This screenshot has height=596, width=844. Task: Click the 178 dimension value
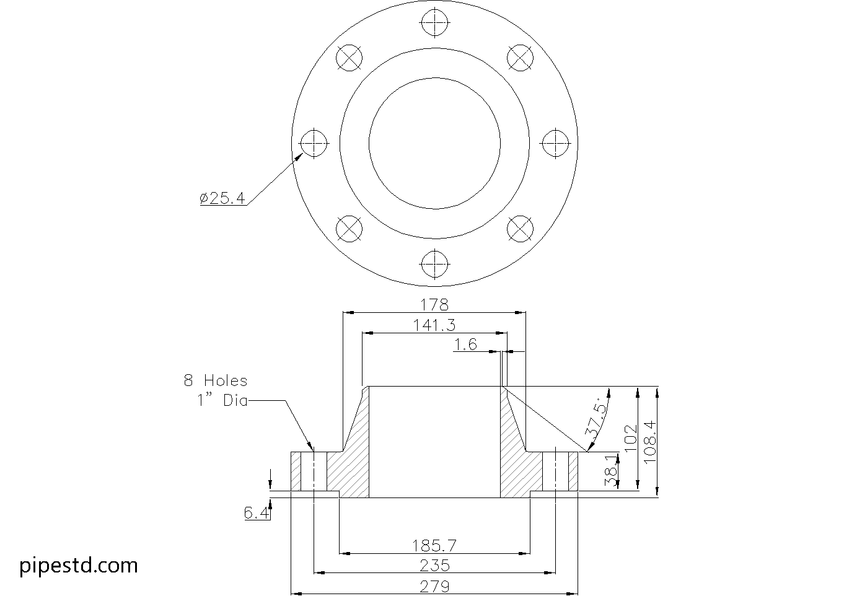pyautogui.click(x=434, y=305)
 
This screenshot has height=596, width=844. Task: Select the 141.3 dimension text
pyautogui.click(x=434, y=325)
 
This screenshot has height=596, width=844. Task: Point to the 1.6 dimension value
pyautogui.click(x=466, y=344)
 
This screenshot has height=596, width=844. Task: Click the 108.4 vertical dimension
pyautogui.click(x=651, y=443)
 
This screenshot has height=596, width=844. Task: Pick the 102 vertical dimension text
pyautogui.click(x=631, y=439)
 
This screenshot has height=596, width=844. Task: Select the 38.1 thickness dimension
pyautogui.click(x=612, y=470)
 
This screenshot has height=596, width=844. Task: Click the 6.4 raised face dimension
pyautogui.click(x=257, y=513)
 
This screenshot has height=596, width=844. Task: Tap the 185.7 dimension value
pyautogui.click(x=434, y=546)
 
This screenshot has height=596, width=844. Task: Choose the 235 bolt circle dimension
pyautogui.click(x=434, y=566)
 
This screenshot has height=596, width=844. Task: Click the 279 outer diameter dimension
pyautogui.click(x=434, y=586)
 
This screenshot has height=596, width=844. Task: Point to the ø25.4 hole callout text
pyautogui.click(x=222, y=198)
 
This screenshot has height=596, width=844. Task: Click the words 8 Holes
pyautogui.click(x=216, y=380)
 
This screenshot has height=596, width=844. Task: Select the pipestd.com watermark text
pyautogui.click(x=79, y=566)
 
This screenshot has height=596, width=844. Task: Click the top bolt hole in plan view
pyautogui.click(x=435, y=22)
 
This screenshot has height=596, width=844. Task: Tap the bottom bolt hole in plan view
pyautogui.click(x=435, y=264)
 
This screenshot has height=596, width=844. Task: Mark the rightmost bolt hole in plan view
pyautogui.click(x=555, y=143)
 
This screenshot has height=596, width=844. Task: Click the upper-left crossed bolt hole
pyautogui.click(x=349, y=58)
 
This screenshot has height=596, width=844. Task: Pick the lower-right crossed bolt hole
pyautogui.click(x=520, y=229)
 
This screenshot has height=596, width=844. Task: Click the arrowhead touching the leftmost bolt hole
pyautogui.click(x=299, y=157)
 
